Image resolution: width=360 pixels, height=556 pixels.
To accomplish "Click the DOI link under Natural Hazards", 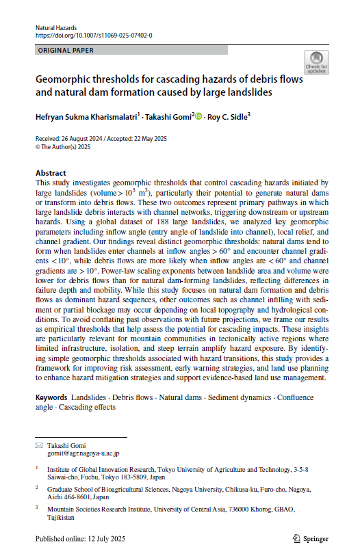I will point(93,34).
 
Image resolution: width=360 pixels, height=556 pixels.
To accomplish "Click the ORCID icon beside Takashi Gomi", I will point(199,117).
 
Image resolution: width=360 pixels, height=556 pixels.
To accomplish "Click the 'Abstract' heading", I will point(51,173).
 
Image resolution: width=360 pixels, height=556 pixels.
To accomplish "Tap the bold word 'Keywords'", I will point(52,397).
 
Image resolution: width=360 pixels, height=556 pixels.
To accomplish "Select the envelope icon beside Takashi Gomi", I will point(39,445).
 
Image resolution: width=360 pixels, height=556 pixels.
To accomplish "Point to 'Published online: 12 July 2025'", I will point(82,538).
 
